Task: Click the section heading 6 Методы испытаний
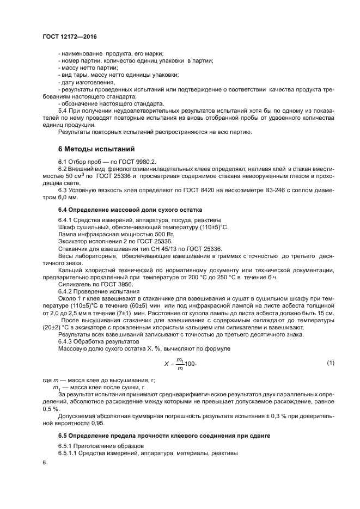click(x=96, y=149)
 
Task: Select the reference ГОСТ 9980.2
click(x=139, y=162)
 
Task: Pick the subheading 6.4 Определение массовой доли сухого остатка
click(x=130, y=209)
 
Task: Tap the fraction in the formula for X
click(x=180, y=363)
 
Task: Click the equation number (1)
click(x=330, y=362)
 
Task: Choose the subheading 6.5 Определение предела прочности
click(x=164, y=437)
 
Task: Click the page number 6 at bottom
click(x=44, y=462)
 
